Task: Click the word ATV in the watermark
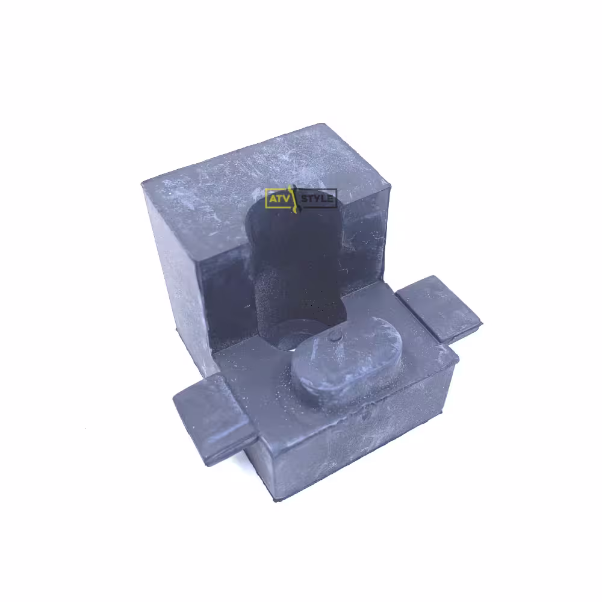[x=279, y=199]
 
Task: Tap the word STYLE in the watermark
[x=317, y=199]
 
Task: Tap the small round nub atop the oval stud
[x=336, y=337]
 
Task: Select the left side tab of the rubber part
[x=213, y=418]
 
